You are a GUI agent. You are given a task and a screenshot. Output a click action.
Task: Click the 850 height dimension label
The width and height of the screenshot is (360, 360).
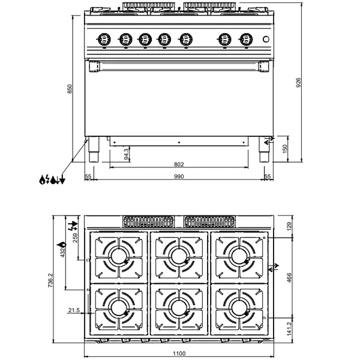point(70,88)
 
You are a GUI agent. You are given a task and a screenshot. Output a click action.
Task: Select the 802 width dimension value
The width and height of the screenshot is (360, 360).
point(178,164)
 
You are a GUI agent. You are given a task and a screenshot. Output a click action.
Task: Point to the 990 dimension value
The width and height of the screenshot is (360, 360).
point(178,176)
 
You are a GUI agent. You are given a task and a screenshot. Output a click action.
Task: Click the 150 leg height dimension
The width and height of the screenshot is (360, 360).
point(286,148)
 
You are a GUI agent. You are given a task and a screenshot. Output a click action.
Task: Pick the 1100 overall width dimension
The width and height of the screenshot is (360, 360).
point(179,353)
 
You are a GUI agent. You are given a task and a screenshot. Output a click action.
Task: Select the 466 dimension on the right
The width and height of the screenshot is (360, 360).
point(289,278)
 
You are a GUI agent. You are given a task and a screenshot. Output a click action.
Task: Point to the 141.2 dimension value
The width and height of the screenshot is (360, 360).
point(289,328)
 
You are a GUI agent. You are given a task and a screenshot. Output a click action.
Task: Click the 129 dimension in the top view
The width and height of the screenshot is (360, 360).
point(289,226)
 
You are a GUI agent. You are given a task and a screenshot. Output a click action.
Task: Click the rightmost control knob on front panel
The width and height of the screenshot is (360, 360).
point(244,39)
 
